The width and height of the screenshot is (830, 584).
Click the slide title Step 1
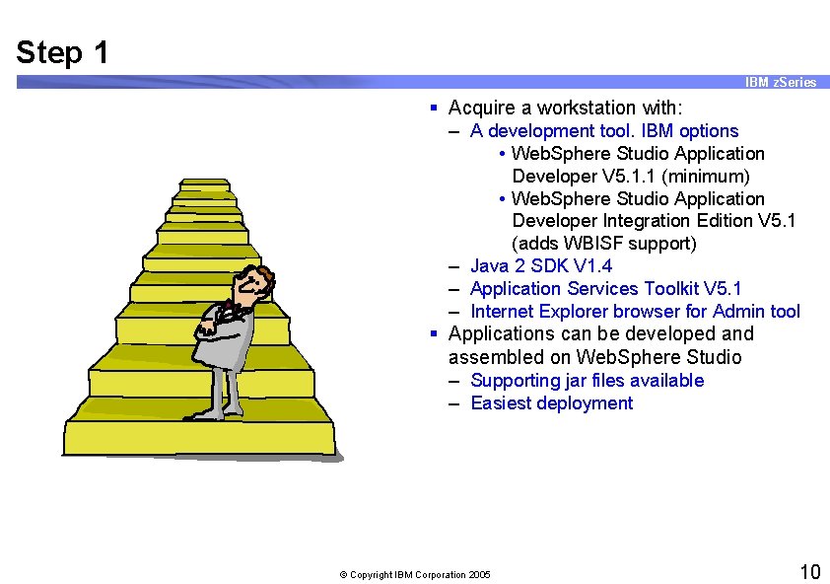[x=62, y=52]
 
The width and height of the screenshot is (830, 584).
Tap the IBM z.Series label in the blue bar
[x=781, y=83]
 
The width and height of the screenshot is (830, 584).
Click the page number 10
[x=808, y=572]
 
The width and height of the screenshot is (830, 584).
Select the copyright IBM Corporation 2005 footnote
[x=415, y=574]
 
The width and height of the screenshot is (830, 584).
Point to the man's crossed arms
[x=222, y=321]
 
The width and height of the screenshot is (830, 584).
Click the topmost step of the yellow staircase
[x=204, y=184]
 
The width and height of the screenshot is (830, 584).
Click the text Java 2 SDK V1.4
[x=540, y=265]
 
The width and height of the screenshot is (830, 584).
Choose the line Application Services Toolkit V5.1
[x=605, y=288]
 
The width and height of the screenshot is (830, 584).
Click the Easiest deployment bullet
[x=551, y=402]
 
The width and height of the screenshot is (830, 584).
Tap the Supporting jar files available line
[x=587, y=380]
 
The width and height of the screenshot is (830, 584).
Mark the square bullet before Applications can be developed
[x=434, y=334]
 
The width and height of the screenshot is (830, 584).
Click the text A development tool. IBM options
[x=603, y=130]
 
